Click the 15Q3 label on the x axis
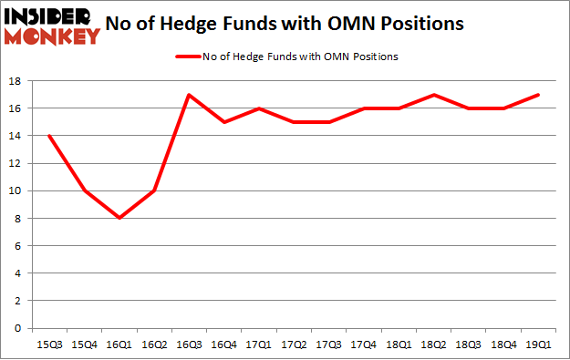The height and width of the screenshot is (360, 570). (48, 344)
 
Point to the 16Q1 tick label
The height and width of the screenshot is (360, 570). (119, 344)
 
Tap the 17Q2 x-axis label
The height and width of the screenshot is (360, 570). (294, 344)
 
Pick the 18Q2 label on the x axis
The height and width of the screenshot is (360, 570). (434, 344)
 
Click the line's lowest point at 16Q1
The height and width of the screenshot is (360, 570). (119, 218)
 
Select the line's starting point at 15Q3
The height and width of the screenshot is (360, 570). (49, 136)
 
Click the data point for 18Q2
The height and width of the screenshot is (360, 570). (434, 95)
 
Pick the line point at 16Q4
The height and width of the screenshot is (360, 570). (223, 122)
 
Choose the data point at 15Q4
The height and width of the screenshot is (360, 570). (84, 190)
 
